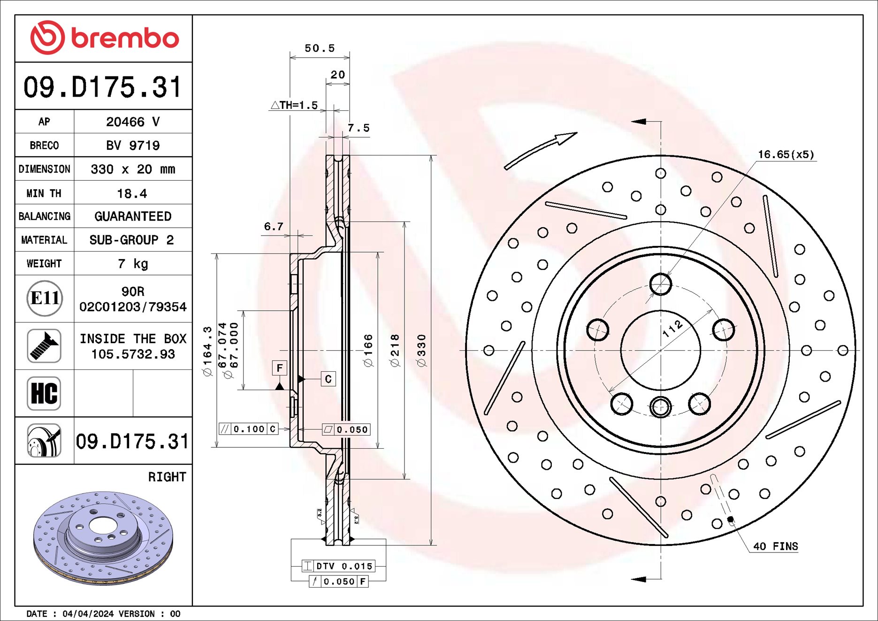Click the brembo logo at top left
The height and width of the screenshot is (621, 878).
coord(104,38)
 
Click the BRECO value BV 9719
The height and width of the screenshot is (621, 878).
coord(133,146)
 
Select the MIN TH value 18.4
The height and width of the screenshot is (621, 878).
coord(132,193)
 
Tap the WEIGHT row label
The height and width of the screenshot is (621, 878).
coord(44,264)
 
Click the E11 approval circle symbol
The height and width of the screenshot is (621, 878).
coord(45,299)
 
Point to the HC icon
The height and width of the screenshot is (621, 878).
coord(44,393)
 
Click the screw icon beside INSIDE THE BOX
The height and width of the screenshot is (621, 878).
coord(44,346)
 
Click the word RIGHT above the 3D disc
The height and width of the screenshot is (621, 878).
coord(167,477)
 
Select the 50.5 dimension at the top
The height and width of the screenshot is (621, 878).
coord(320,48)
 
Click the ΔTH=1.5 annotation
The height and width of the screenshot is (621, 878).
coord(295,105)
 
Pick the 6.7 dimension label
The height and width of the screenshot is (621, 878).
coord(274,227)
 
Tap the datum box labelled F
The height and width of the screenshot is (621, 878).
coord(280,368)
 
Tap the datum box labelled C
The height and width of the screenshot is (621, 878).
coord(328,379)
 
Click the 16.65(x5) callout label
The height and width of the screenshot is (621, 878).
coord(786,154)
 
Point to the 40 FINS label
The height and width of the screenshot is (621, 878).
coord(775,546)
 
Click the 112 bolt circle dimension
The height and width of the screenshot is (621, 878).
coord(672,329)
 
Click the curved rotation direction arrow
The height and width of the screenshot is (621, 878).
coord(540,150)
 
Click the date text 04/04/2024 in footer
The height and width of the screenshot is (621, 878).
coord(88,614)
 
